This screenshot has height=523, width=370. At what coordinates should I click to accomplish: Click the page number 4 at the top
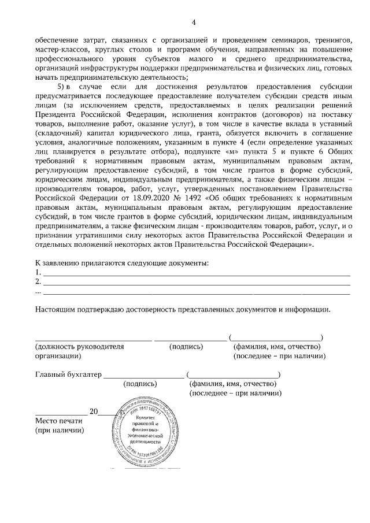[x=194, y=23]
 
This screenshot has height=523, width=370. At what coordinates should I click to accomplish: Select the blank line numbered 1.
[x=197, y=272]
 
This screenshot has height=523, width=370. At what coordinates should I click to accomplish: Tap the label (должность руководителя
[x=80, y=347]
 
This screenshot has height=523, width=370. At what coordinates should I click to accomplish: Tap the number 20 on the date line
[x=94, y=412]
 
